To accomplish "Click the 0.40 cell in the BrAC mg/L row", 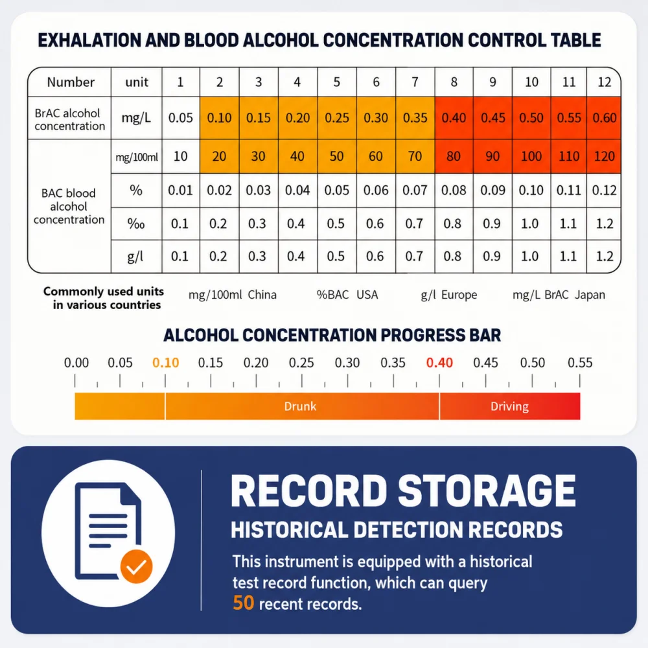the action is [454, 118].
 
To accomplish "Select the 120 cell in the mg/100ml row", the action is [604, 156].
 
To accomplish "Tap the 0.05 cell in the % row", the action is [337, 190].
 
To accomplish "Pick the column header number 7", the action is [415, 82].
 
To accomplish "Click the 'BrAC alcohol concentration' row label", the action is [69, 119].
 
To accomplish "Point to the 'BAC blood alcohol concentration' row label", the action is [69, 206].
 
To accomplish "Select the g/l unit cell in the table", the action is [136, 256].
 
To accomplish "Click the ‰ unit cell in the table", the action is [136, 224].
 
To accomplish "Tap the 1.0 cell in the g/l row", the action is [530, 256].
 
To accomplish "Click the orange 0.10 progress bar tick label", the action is [165, 362].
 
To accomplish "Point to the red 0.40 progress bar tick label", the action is [439, 362].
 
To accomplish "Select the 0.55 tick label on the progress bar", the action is [580, 362].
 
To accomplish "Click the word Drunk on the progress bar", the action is [300, 406].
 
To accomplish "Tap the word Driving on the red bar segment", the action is [509, 407].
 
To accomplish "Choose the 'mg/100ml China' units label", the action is [232, 295].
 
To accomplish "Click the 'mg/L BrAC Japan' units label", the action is [559, 295].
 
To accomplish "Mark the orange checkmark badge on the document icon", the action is [136, 566].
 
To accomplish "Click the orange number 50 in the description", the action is [244, 603].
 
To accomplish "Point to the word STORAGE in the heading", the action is [487, 491].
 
